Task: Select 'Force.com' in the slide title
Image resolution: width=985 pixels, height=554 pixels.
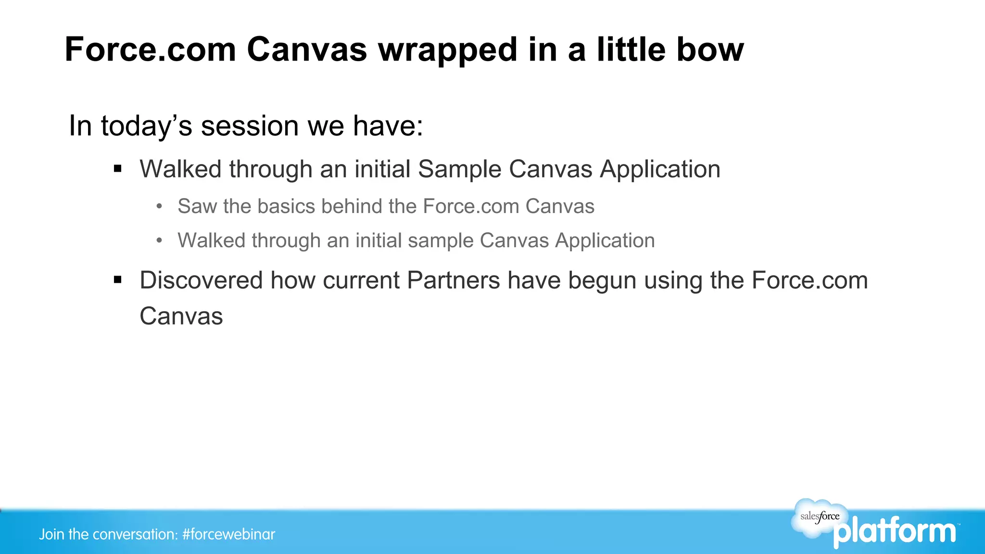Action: point(150,50)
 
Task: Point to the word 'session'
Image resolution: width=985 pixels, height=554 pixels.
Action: point(250,126)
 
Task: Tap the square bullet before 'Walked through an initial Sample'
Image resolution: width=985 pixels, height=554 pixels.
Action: point(118,169)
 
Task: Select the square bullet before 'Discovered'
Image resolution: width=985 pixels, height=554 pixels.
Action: point(118,280)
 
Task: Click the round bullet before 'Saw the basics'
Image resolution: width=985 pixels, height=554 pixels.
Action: point(160,206)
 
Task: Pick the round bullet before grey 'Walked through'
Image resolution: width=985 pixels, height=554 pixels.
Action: point(160,240)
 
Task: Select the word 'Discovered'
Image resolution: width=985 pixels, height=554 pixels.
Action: point(201,280)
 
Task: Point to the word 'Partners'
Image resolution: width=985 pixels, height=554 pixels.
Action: point(453,280)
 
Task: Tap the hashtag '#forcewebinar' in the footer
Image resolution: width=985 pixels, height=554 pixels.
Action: point(228,534)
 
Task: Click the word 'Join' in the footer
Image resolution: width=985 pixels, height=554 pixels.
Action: point(51,534)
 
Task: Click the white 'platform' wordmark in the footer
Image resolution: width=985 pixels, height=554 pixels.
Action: point(895,532)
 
